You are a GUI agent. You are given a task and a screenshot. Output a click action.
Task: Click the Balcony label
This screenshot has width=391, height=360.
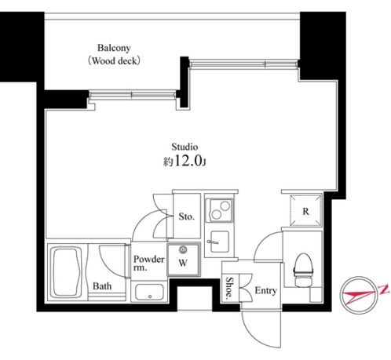coord(114,48)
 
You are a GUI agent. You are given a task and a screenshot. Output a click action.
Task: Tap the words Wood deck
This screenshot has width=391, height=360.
coord(115,61)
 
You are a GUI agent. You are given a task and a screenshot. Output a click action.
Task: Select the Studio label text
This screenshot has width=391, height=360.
coord(185,147)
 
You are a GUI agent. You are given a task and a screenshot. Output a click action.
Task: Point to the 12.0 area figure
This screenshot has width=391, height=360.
coord(188,161)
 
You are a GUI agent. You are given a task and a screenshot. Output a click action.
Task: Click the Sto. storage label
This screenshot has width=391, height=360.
coord(187,216)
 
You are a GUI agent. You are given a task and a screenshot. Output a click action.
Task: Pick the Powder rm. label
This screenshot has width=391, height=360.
coord(148,263)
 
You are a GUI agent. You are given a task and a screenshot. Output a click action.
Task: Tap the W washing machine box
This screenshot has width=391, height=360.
coord(184,260)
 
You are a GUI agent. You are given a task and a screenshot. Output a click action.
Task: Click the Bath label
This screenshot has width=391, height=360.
coord(102,286)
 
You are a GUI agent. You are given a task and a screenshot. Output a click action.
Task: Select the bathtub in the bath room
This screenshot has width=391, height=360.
coord(67,272)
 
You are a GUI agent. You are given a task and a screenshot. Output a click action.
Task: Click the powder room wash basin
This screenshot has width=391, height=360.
coord(149,292)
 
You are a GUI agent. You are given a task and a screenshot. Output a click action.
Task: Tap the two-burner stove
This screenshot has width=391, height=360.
coord(219,211)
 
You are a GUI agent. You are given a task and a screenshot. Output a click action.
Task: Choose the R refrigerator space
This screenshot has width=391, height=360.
coord(305,210)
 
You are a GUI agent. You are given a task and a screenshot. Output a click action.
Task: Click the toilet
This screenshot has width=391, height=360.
coord(303,270)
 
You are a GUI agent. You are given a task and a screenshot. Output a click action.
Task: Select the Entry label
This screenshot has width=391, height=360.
coord(266,290)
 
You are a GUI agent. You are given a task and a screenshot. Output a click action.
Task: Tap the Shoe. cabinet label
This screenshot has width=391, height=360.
coord(229,288)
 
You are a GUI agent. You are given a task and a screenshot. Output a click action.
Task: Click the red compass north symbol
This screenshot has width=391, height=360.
coord(361,296)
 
